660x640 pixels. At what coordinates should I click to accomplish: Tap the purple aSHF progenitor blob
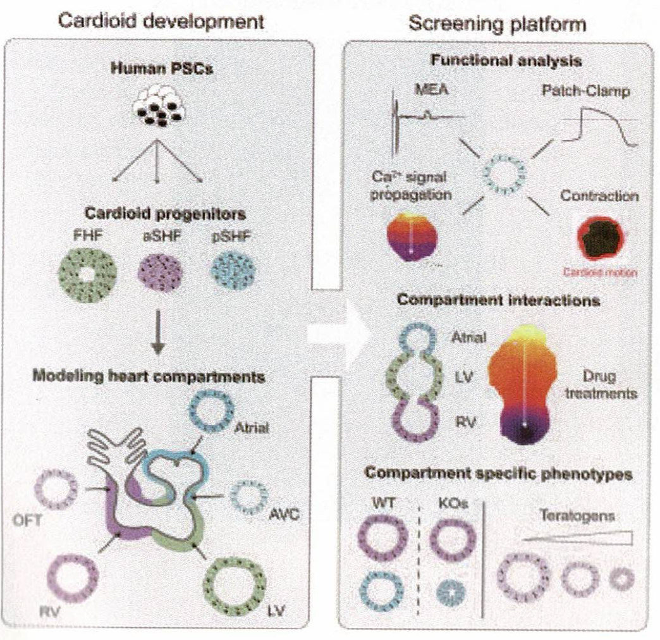pos(161,275)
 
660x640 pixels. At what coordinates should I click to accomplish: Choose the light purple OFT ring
pos(54,489)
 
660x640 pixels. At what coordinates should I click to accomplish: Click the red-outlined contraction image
pos(597,240)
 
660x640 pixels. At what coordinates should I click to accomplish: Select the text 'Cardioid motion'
pos(597,273)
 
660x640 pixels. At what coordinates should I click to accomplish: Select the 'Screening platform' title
pos(497,24)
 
